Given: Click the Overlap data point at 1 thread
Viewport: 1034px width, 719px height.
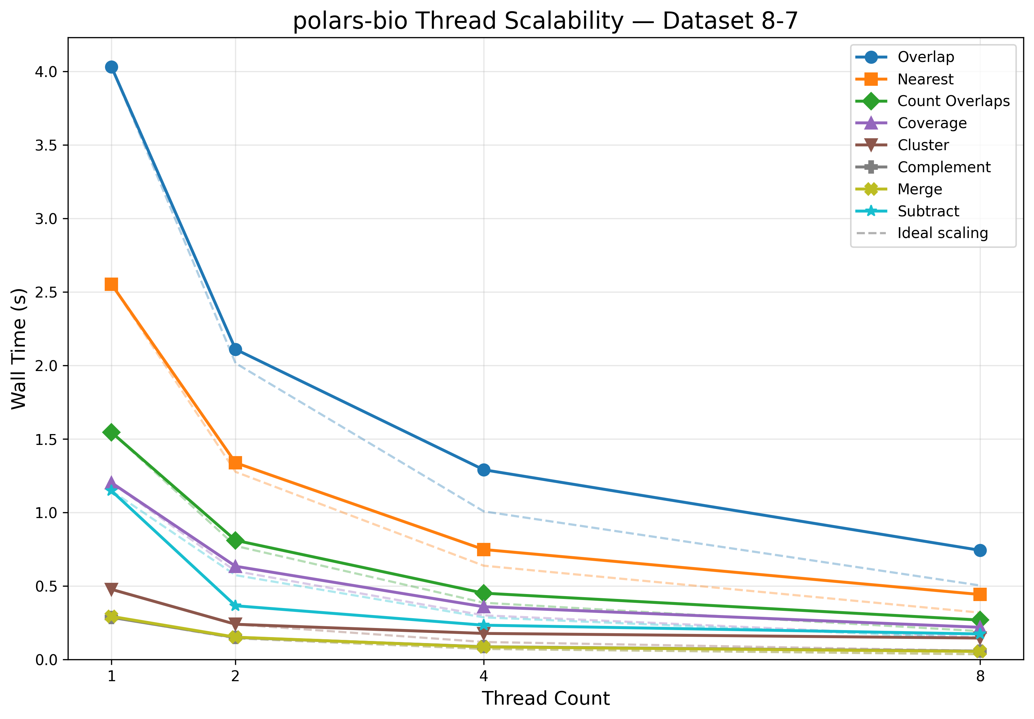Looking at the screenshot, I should pos(111,67).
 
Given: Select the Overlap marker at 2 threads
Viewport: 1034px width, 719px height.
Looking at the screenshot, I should pos(235,350).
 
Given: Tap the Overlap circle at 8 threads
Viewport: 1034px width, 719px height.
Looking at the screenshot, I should pos(980,550).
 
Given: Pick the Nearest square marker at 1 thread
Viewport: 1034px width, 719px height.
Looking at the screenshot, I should pos(111,284).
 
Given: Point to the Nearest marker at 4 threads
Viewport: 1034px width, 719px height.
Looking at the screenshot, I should pos(484,549).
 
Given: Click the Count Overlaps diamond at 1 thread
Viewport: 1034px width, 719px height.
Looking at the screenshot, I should pos(111,432).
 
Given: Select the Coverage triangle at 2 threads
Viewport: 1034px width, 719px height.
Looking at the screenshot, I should pos(235,566).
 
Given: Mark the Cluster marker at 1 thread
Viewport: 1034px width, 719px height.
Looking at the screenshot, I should pos(111,589).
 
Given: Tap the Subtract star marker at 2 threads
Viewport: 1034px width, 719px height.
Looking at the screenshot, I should pos(235,606).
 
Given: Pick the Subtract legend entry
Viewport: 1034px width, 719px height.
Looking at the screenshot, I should pos(928,211).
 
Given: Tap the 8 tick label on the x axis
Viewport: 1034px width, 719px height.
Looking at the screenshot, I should pos(980,676).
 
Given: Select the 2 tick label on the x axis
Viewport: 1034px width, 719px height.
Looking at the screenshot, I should pos(235,676).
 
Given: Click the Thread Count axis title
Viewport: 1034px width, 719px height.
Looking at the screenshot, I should pos(545,698).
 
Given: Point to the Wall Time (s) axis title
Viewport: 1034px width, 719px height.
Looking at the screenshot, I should pos(19,349).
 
